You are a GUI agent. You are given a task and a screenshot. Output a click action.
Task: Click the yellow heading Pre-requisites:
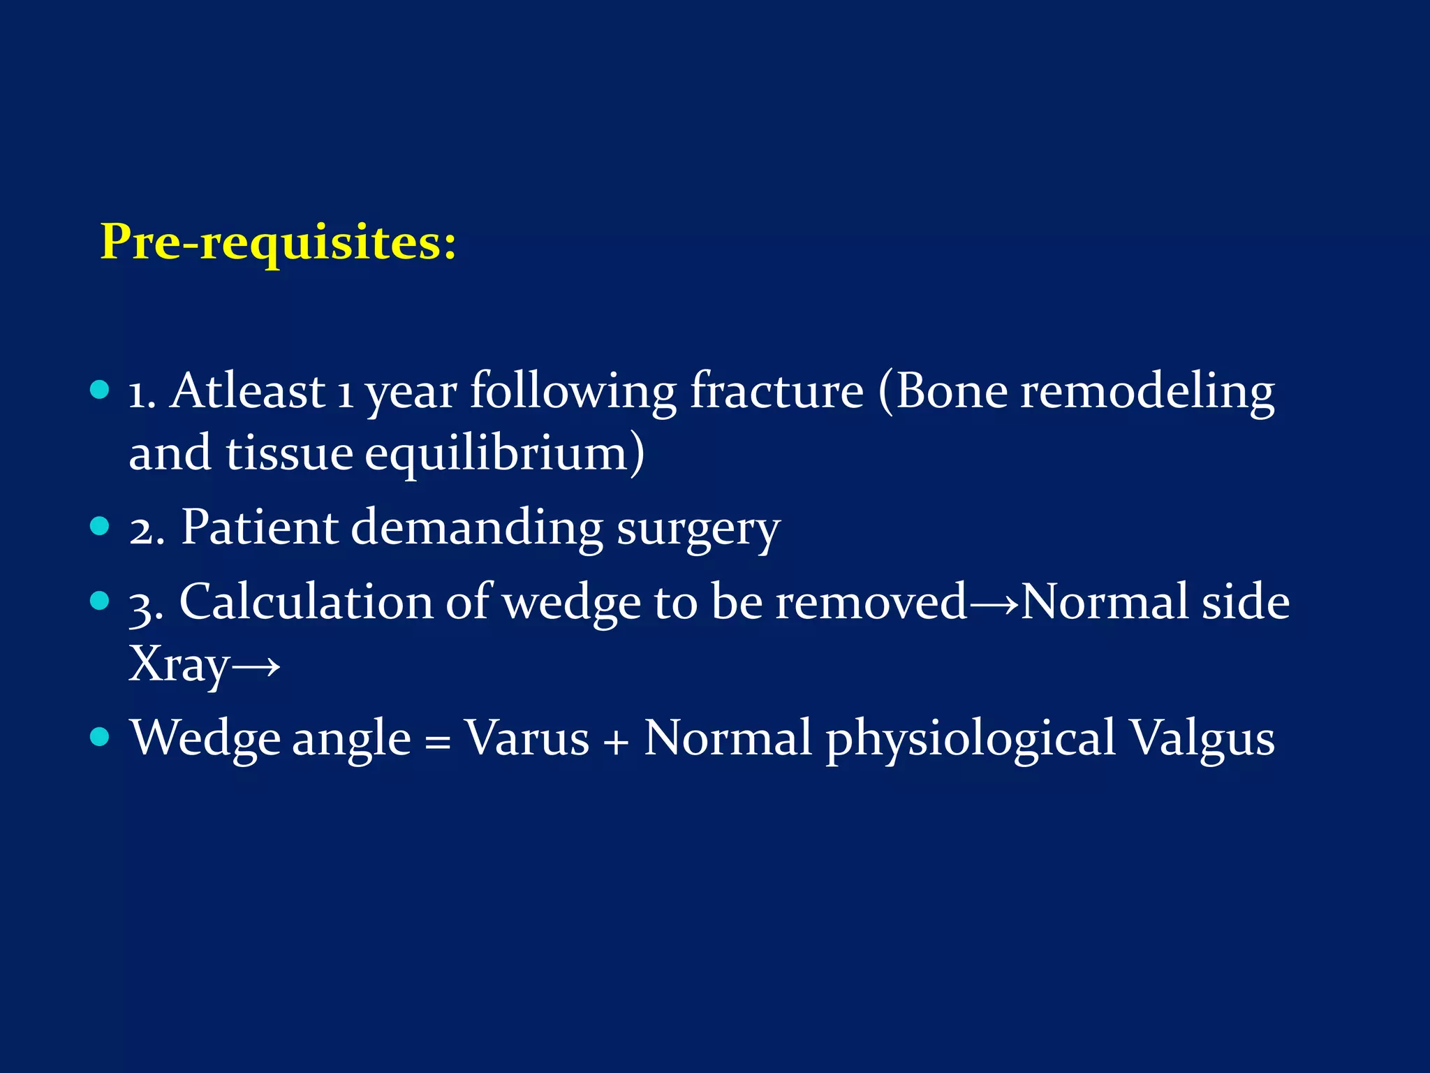[278, 242]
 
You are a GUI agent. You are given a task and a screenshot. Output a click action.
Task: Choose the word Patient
[260, 527]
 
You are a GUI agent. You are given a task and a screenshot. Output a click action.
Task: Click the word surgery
[698, 530]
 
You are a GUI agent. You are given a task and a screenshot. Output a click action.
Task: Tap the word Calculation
[306, 602]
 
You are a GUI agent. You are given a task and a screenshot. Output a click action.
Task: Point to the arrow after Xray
[256, 666]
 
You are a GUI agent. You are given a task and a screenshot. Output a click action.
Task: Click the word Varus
[527, 738]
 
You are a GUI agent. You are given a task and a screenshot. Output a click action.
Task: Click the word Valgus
[1202, 739]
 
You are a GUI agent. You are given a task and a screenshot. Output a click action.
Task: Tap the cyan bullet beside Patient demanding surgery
[101, 526]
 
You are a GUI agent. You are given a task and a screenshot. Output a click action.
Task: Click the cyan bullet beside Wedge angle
[101, 736]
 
